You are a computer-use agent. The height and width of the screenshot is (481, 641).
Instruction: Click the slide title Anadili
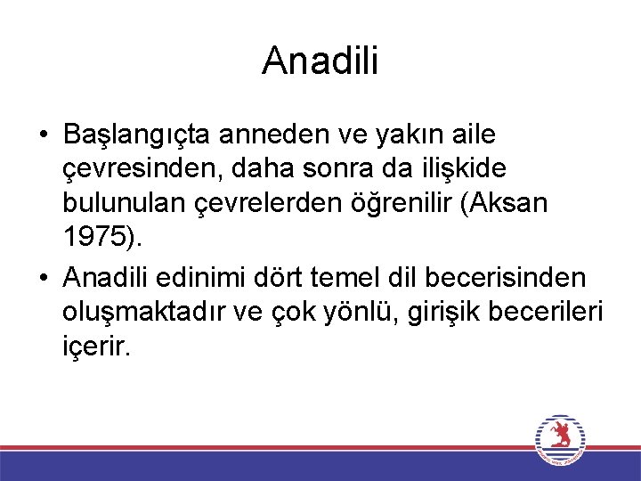[320, 61]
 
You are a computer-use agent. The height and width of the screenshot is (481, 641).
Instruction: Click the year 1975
[92, 237]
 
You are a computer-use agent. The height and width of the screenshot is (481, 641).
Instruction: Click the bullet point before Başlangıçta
[44, 136]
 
